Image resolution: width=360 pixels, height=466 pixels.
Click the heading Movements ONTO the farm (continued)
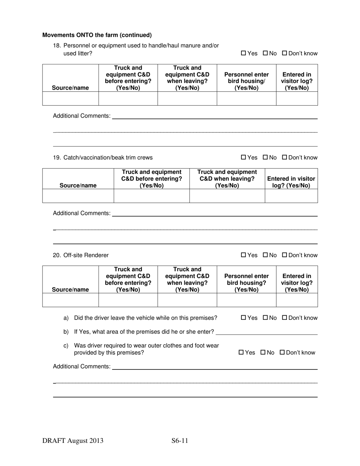coord(97,35)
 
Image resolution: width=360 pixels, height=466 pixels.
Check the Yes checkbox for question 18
coord(243,53)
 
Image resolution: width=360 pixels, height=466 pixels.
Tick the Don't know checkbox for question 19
coord(285,158)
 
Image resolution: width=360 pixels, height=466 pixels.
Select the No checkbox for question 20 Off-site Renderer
coord(265,255)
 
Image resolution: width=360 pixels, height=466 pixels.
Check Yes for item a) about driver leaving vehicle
coord(243,318)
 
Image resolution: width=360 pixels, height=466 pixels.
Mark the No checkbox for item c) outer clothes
coord(263,353)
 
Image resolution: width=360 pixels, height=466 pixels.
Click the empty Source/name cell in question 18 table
coord(70,99)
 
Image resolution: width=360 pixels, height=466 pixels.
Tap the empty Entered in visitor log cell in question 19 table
coord(291,196)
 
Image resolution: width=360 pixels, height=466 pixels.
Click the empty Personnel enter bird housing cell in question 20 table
coord(246,300)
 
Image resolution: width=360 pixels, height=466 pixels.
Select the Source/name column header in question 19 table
coord(78,186)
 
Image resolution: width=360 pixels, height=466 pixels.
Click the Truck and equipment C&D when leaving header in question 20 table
coord(187,280)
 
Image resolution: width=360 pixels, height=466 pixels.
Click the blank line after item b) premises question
coord(266,332)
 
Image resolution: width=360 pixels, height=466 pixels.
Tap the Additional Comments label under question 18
coord(81,116)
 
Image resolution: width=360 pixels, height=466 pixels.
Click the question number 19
coord(57,158)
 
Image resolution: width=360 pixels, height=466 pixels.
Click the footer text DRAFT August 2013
coord(73,441)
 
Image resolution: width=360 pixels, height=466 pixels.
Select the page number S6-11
coord(180,441)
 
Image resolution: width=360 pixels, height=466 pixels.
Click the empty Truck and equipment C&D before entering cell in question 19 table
coord(152,196)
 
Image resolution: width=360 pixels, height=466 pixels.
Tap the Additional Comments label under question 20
coord(81,366)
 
